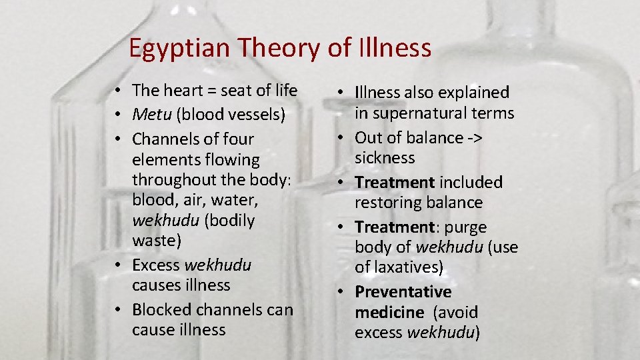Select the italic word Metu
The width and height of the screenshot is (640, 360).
[x=151, y=115]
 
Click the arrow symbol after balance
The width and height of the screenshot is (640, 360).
[x=474, y=138]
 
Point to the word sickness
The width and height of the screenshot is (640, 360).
[x=385, y=158]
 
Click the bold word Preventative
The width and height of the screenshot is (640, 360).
[x=403, y=292]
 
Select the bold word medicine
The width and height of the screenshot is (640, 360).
[x=389, y=312]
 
